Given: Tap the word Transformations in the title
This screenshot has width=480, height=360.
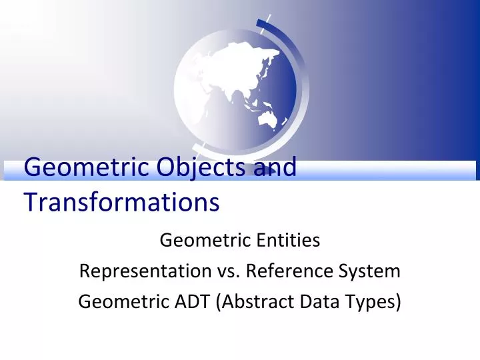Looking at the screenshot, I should click(122, 201).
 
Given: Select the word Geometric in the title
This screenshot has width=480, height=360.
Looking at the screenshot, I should click(85, 167).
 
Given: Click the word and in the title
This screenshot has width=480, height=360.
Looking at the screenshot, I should click(275, 167).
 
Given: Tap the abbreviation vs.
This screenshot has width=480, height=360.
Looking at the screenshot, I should click(228, 271).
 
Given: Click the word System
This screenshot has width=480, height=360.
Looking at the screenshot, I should click(370, 271).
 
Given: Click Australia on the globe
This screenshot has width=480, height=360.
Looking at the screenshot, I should click(269, 118).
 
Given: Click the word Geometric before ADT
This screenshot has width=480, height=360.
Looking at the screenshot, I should click(116, 302).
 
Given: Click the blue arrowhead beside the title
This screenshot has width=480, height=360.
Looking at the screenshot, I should click(268, 171).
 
